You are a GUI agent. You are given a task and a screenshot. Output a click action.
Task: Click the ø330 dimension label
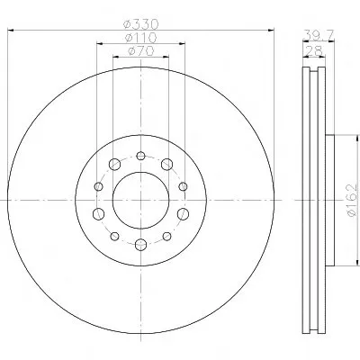[x=140, y=23]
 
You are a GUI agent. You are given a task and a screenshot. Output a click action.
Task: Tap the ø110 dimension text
[x=140, y=38]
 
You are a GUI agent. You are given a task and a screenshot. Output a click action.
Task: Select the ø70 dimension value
[x=140, y=51]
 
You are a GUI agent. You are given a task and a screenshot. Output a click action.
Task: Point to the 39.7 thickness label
[x=318, y=34]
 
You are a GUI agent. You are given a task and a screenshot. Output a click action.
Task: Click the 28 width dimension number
[x=314, y=51]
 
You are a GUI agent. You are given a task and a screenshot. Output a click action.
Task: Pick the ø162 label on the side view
[x=352, y=200]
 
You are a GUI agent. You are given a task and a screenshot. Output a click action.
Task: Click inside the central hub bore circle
[x=140, y=200]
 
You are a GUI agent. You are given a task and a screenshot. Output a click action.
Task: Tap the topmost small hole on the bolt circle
[x=140, y=156]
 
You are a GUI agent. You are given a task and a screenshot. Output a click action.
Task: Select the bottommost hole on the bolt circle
[x=140, y=245]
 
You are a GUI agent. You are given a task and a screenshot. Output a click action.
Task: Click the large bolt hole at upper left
[x=114, y=164]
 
